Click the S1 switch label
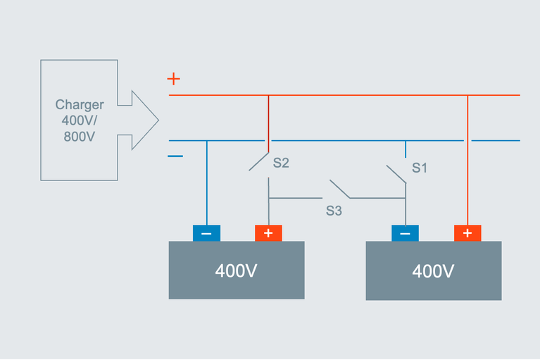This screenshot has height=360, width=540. coord(420,168)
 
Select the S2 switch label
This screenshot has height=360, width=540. coord(281,163)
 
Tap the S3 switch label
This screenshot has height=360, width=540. coord(333,210)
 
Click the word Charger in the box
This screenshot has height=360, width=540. coord(79,105)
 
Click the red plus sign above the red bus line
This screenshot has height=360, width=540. coord(173,78)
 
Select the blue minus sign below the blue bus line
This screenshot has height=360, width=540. coord(175,156)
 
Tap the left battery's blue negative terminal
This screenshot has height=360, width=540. coord(206,233)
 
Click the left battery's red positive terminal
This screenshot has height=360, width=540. coord(268,233)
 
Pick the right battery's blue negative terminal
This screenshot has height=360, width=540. coord(405,233)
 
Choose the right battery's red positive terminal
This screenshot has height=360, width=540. coord(467,233)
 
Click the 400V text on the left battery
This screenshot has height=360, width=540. coord(236,271)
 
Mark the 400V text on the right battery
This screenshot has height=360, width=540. coord(434,271)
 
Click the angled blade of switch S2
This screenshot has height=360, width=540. coord(258,161)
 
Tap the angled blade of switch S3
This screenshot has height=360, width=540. coord(339,189)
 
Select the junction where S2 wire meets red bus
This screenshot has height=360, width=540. coord(268,94)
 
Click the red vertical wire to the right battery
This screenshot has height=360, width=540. coord(467,162)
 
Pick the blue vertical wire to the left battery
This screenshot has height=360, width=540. coord(206,183)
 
